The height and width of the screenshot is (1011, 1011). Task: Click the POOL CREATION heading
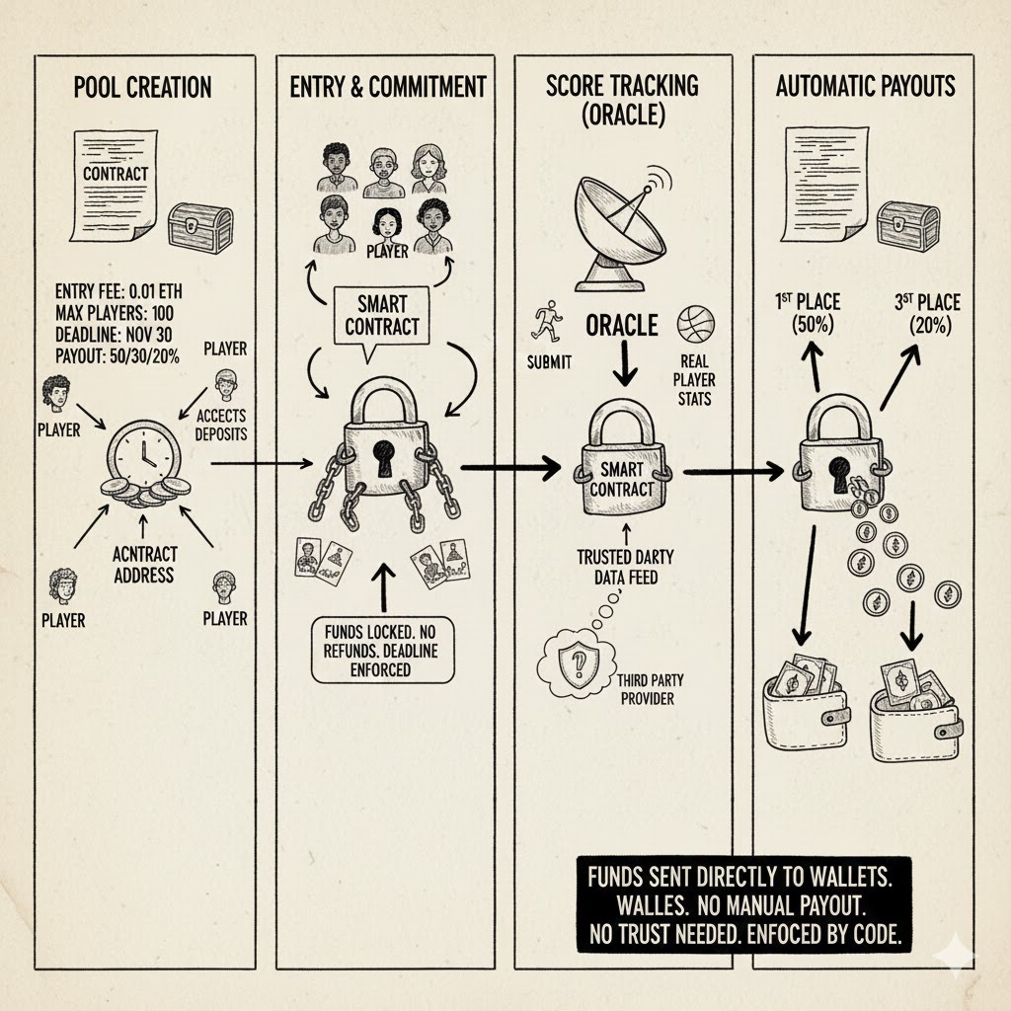[142, 87]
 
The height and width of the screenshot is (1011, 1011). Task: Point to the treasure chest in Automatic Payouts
[907, 220]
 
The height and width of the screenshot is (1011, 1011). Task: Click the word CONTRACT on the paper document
[116, 174]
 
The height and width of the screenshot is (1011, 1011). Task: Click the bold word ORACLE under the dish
[622, 326]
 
